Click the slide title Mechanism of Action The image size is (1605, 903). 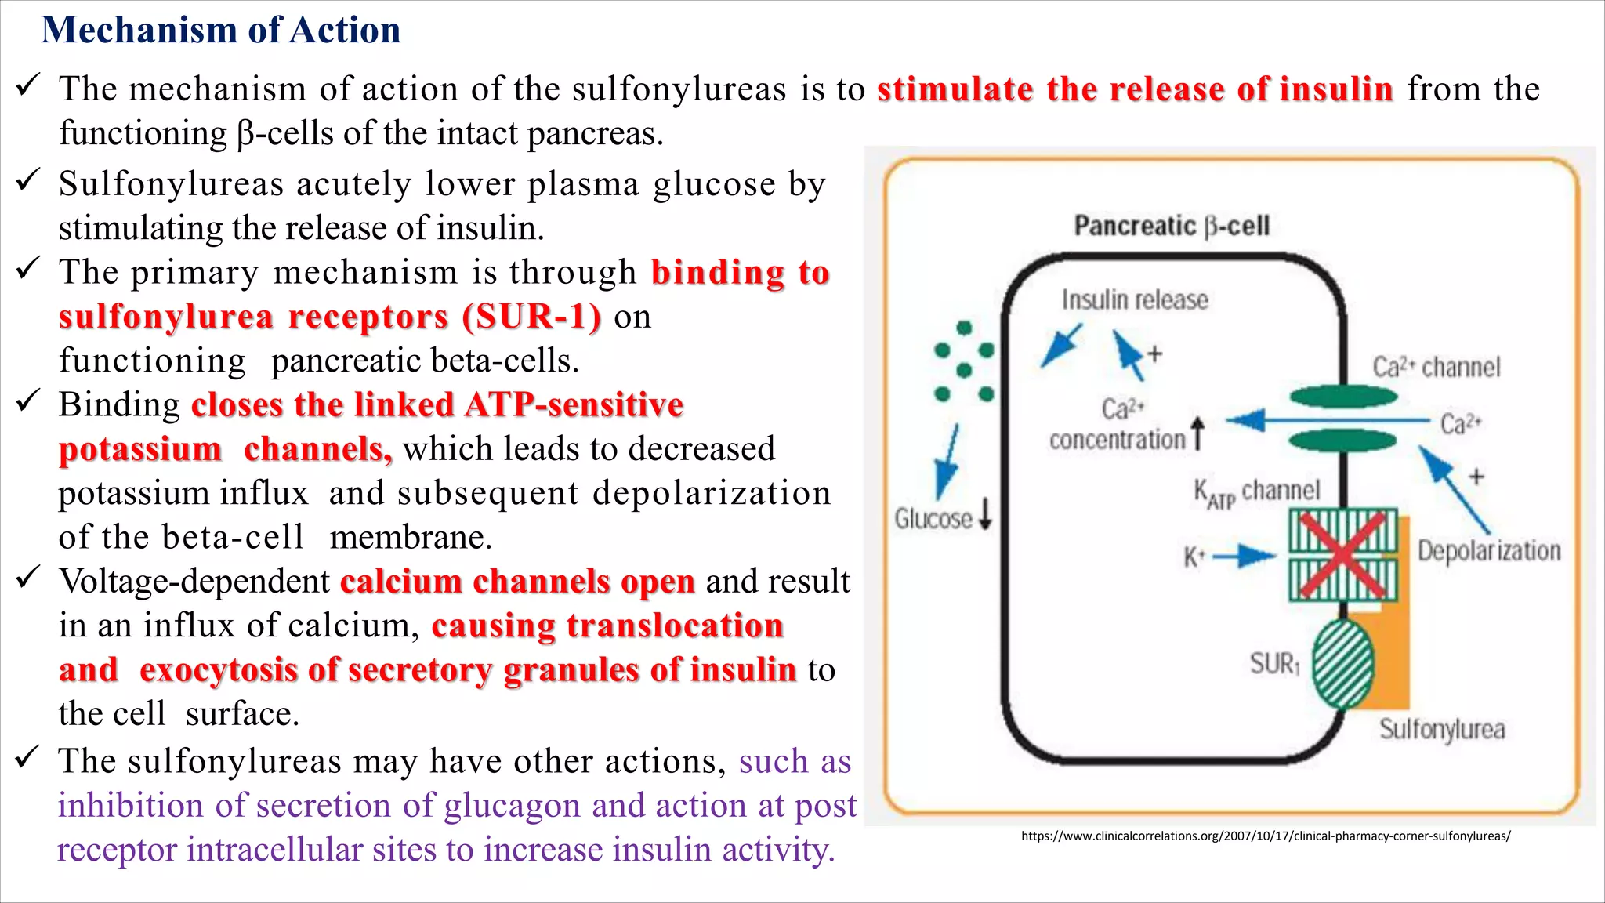pos(220,31)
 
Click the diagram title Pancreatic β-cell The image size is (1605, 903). pos(1171,226)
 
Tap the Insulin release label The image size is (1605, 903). pos(1135,299)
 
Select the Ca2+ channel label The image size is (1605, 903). pos(1436,367)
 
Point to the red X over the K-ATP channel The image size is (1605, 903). pos(1343,554)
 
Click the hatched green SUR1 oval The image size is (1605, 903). pos(1342,663)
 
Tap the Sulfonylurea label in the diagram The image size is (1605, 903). pos(1442,729)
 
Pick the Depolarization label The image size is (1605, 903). pos(1489,550)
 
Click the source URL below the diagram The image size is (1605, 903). pos(1265,836)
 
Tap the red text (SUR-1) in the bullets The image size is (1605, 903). pos(531,317)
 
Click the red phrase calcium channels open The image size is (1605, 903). pos(517,582)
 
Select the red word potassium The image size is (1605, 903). pos(140,449)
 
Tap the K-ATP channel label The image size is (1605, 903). pos(1256,491)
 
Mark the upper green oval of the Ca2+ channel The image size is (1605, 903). pos(1343,397)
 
